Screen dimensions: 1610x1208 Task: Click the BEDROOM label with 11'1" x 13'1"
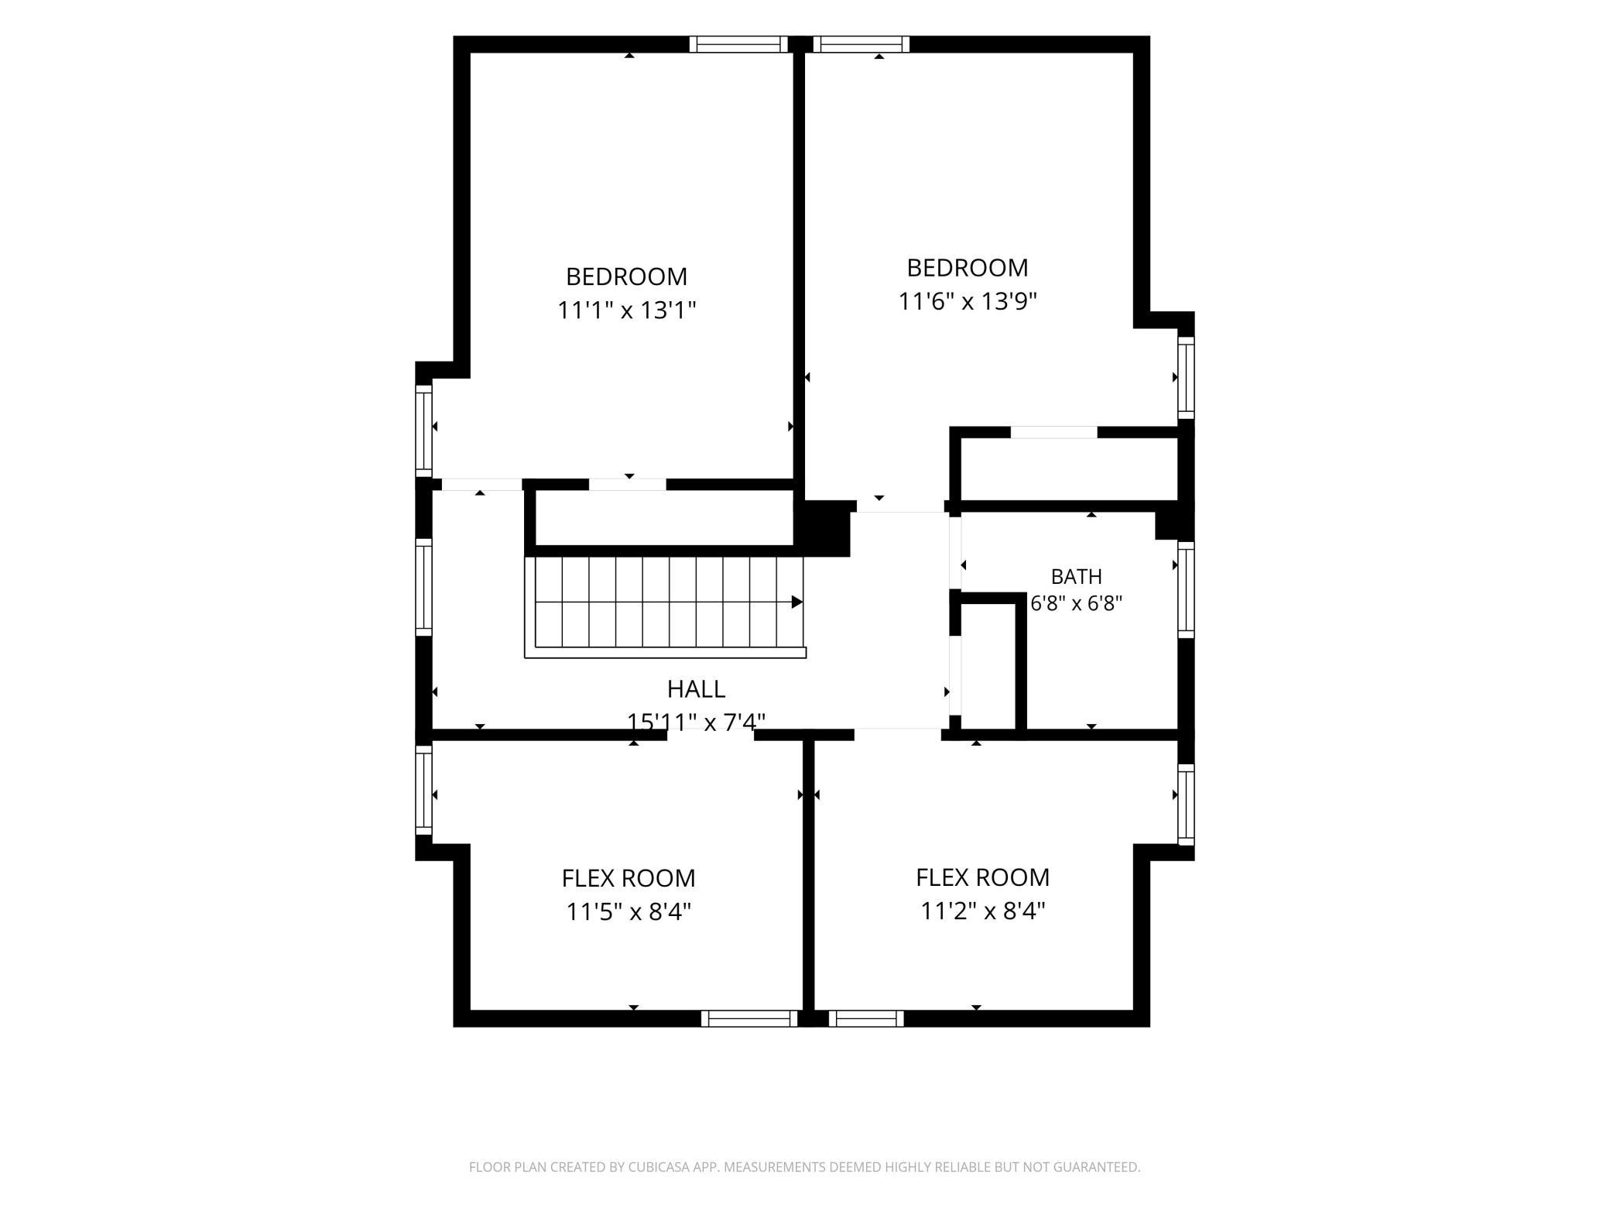click(626, 276)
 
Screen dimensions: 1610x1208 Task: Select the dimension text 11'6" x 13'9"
click(968, 301)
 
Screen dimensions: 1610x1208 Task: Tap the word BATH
click(1076, 576)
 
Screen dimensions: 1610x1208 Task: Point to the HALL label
click(696, 688)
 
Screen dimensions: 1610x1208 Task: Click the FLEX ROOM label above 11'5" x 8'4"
click(629, 878)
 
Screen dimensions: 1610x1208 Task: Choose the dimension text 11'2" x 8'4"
click(983, 911)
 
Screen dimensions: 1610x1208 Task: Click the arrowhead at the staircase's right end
click(797, 602)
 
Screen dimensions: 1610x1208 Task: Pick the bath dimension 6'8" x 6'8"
click(1076, 603)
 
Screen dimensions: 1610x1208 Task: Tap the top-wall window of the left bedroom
click(738, 44)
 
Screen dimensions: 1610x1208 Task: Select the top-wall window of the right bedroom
click(862, 44)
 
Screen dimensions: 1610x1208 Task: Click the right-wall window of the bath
click(1186, 589)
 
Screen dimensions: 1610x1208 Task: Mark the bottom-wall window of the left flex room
click(749, 1018)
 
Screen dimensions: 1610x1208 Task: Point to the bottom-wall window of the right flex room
click(866, 1018)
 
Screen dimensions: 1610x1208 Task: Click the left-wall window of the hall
click(423, 586)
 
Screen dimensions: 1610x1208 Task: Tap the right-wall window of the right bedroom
click(1186, 378)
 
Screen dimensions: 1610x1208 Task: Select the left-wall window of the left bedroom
click(423, 431)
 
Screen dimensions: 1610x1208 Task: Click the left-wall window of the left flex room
click(423, 791)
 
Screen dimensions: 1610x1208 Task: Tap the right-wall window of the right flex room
click(1186, 804)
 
